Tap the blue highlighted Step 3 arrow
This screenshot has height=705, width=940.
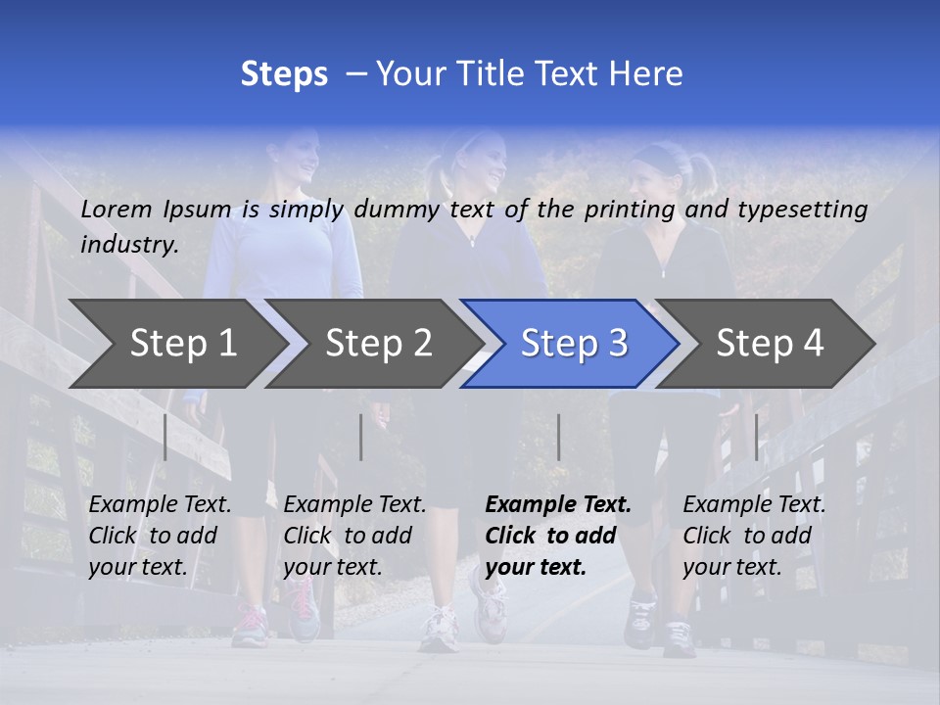(574, 344)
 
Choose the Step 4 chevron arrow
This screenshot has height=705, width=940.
(770, 344)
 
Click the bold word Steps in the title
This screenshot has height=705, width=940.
(284, 74)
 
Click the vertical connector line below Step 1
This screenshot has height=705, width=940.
(165, 437)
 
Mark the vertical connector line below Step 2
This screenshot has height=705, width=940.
(361, 437)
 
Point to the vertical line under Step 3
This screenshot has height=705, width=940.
(558, 437)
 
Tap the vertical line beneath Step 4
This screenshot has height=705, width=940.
(756, 437)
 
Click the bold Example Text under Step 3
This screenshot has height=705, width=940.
(558, 536)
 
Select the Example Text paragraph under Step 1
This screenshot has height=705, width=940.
(160, 536)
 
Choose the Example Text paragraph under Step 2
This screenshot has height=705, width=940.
(354, 536)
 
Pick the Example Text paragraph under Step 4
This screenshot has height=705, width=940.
(754, 536)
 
